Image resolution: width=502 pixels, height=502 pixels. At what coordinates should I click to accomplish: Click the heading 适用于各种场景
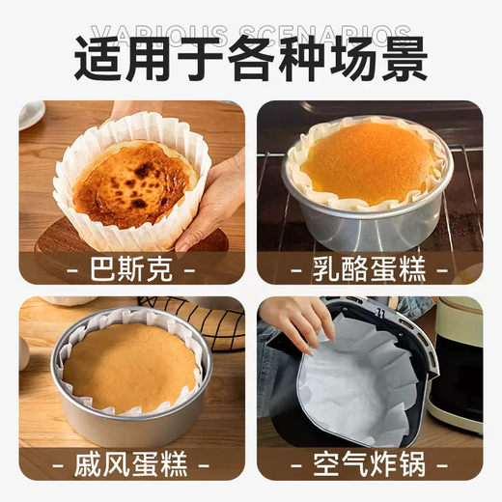(251, 59)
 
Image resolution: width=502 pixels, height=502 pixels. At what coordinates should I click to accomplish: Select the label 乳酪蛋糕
(370, 267)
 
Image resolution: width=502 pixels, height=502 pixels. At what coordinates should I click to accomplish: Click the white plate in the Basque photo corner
(30, 113)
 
